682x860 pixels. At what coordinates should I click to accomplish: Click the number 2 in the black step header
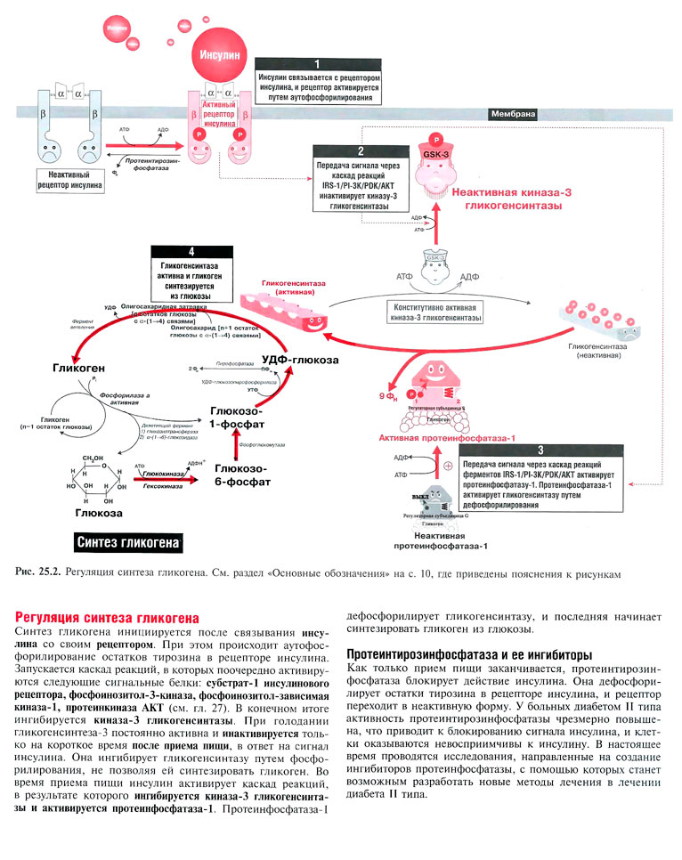pyautogui.click(x=360, y=151)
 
